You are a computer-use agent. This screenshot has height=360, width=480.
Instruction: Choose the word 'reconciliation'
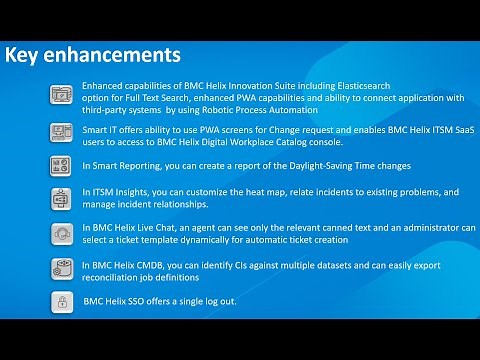(116, 275)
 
